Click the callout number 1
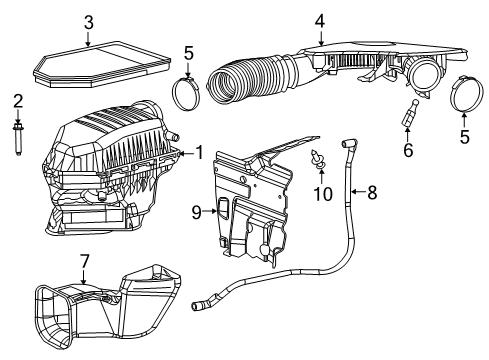pyautogui.click(x=200, y=153)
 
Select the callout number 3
pyautogui.click(x=88, y=22)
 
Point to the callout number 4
pyautogui.click(x=319, y=20)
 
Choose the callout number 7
pyautogui.click(x=84, y=261)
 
